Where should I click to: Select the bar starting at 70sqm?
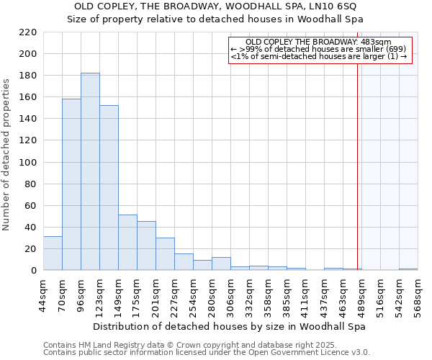[x=71, y=184]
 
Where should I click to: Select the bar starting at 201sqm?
[x=165, y=254]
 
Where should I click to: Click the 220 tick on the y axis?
[x=28, y=32]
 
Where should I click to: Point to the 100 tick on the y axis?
[x=28, y=163]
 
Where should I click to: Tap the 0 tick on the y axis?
[x=34, y=271]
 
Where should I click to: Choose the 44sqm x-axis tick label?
[x=44, y=294]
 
